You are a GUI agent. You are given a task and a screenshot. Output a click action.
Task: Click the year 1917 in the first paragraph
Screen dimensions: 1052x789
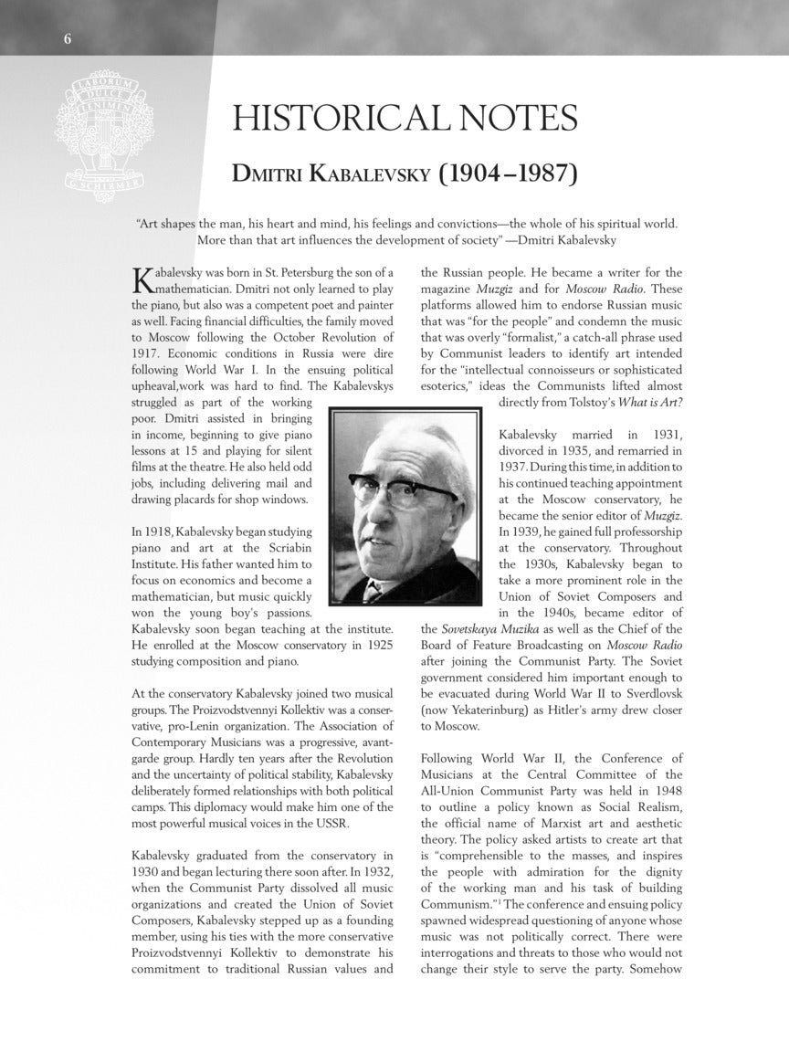(x=146, y=353)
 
